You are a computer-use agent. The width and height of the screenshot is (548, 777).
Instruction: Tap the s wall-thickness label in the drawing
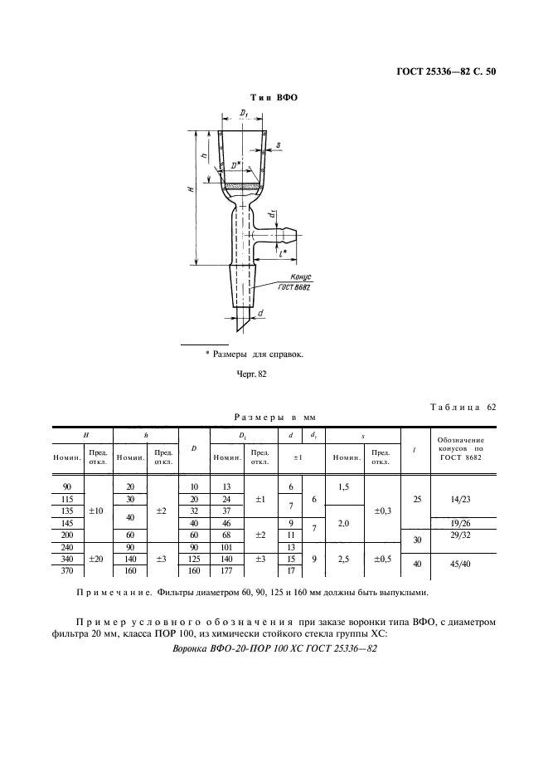279,144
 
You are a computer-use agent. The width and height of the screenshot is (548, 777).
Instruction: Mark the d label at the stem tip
261,313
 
